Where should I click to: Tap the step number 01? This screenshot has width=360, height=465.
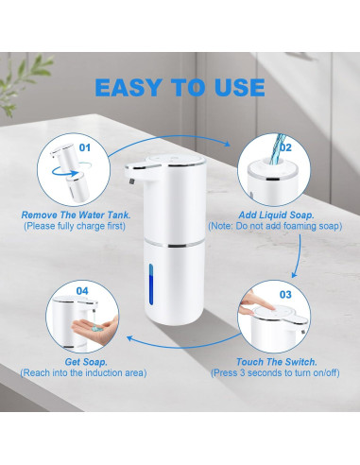(84, 147)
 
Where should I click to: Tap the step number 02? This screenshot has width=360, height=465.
(285, 147)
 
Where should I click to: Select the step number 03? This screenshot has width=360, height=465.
(285, 295)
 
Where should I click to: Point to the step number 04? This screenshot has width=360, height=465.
(82, 291)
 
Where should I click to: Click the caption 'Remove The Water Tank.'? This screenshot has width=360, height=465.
(76, 215)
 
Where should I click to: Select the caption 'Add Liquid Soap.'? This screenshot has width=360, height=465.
(276, 215)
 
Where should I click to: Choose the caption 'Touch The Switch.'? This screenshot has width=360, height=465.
(277, 362)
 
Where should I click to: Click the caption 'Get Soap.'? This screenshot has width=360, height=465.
(86, 362)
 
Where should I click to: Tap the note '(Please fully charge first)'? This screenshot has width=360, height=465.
(75, 226)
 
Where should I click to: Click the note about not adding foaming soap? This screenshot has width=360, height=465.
(275, 226)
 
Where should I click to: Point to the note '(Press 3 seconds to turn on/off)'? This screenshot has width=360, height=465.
(275, 373)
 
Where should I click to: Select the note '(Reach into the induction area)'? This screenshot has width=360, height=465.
(83, 373)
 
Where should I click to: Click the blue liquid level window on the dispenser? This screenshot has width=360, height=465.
(151, 284)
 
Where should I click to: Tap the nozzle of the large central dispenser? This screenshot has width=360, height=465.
(132, 181)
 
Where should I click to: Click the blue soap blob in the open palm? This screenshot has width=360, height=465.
(95, 329)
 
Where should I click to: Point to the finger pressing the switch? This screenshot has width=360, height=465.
(251, 303)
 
